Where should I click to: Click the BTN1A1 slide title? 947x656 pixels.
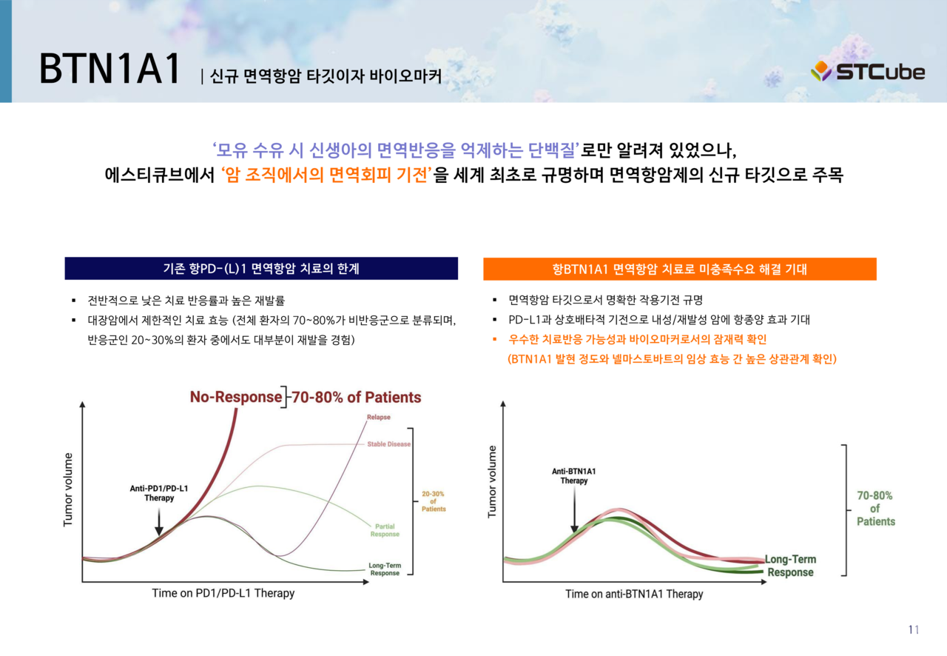[x=109, y=70]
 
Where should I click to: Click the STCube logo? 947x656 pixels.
[x=867, y=71]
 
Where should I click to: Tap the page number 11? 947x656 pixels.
[x=913, y=629]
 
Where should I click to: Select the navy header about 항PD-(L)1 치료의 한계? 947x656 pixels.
[x=261, y=269]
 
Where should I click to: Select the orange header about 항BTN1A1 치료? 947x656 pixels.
[x=679, y=269]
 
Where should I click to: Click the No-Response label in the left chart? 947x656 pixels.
[x=236, y=397]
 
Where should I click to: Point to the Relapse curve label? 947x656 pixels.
[x=378, y=418]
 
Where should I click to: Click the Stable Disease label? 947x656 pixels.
[x=388, y=444]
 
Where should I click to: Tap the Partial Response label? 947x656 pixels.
[x=385, y=530]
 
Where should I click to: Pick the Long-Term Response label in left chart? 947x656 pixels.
[x=384, y=569]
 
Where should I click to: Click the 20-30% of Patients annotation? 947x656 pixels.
[x=434, y=501]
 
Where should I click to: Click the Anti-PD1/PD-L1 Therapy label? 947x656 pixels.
[x=159, y=493]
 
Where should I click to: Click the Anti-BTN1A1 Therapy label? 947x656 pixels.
[x=573, y=476]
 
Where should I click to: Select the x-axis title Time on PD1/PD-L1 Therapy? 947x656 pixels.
[x=223, y=593]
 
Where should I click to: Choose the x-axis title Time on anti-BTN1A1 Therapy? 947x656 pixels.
[x=634, y=594]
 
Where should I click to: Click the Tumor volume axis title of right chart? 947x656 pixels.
[x=493, y=481]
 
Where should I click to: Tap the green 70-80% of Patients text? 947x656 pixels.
[x=875, y=509]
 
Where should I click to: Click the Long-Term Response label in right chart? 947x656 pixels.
[x=790, y=566]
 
